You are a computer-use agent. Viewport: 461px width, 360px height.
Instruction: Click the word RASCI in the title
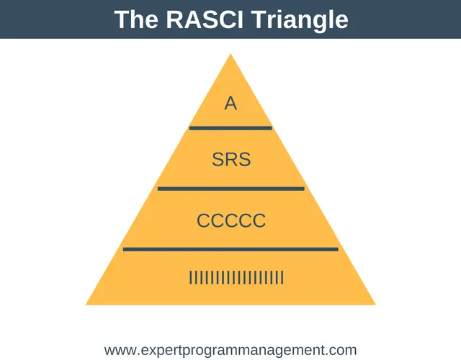(205, 19)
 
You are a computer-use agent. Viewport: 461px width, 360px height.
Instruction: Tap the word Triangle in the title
(300, 21)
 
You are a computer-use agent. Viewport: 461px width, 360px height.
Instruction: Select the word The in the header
(136, 19)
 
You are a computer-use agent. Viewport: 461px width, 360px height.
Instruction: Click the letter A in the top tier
(230, 104)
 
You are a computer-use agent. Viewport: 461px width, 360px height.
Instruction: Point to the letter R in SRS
(232, 159)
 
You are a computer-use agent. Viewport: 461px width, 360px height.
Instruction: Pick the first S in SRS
(218, 159)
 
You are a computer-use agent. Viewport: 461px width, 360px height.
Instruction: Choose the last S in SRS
(245, 159)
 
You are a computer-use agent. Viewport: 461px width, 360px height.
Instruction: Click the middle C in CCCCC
(231, 221)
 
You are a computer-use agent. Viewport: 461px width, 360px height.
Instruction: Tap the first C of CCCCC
(203, 221)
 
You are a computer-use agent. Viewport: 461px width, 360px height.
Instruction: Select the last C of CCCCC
(259, 221)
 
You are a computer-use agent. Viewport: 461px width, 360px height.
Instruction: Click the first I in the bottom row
(190, 278)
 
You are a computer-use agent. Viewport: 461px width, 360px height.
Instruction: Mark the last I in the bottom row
(282, 278)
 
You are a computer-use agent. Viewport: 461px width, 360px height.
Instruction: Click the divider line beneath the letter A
(230, 128)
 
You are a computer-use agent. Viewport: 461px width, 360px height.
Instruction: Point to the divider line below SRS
(230, 189)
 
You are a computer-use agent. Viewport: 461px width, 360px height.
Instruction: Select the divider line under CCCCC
(230, 250)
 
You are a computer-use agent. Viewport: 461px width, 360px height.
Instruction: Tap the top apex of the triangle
(230, 54)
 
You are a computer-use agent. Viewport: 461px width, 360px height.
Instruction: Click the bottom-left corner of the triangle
(86, 305)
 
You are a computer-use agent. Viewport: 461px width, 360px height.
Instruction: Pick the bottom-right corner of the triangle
(375, 305)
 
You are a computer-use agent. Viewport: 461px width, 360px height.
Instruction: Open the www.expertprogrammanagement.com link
(230, 351)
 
